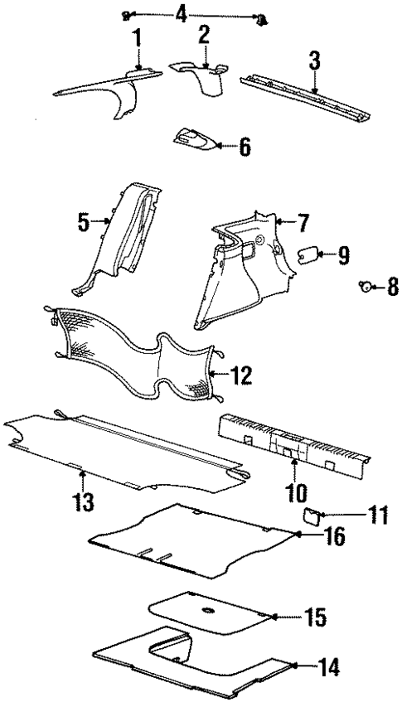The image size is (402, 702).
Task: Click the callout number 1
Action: tap(137, 37)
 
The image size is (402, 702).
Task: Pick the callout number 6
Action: tap(244, 148)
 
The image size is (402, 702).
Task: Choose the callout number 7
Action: tap(303, 221)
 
